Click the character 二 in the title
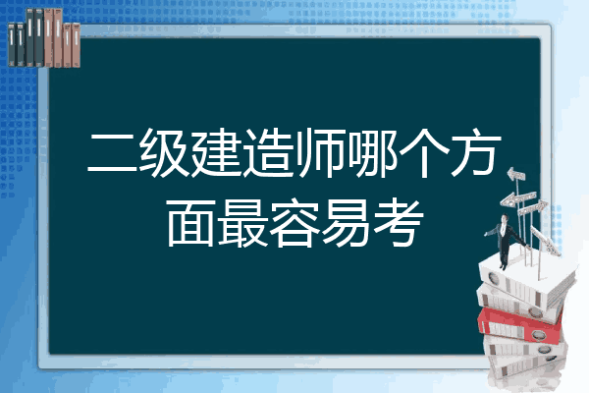click(113, 153)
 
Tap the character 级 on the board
click(164, 152)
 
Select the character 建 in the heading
click(216, 152)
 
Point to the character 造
click(268, 152)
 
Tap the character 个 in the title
click(424, 152)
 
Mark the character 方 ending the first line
click(476, 152)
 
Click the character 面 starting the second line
click(190, 223)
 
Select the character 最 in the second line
click(242, 223)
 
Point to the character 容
click(294, 223)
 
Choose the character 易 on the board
click(347, 223)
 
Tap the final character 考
click(399, 223)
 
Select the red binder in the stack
click(520, 325)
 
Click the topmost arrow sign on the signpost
click(516, 175)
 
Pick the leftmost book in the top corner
click(12, 45)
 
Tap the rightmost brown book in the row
click(77, 45)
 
